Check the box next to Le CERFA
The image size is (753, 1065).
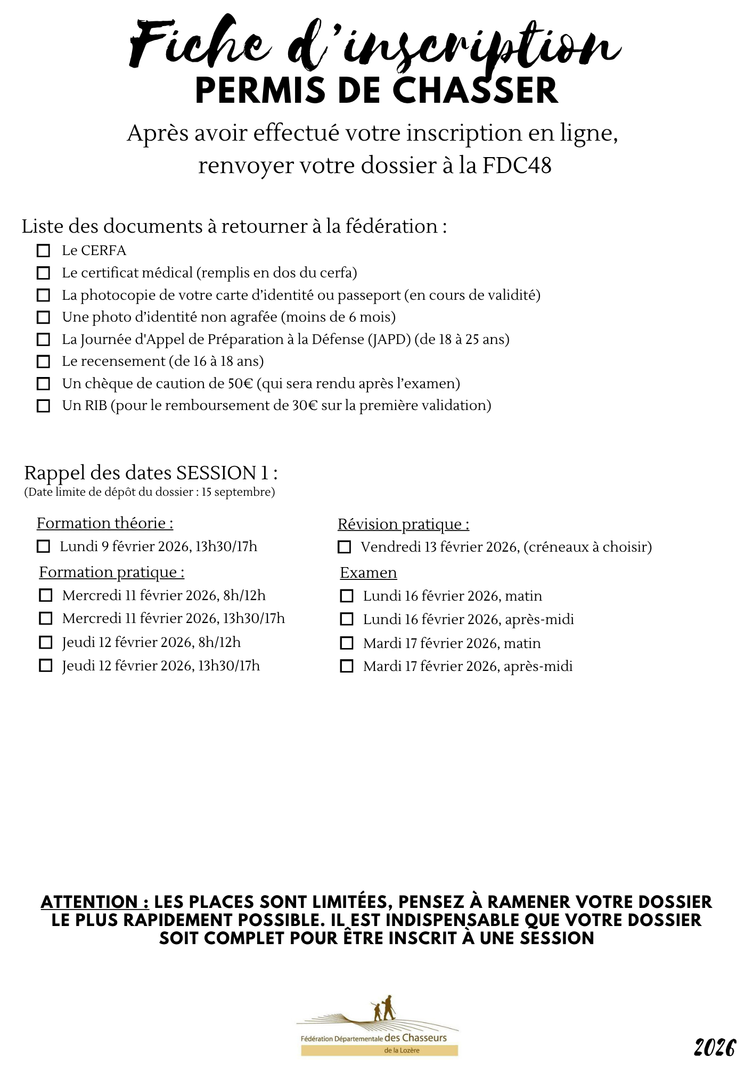click(x=43, y=251)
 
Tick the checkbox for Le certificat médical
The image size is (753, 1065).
click(x=43, y=273)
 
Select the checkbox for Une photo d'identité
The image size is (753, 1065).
click(x=43, y=317)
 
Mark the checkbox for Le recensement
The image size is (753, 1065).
click(x=43, y=362)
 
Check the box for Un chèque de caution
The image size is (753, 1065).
click(x=43, y=384)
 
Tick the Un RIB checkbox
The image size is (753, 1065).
click(x=43, y=406)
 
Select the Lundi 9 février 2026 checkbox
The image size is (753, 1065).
click(x=43, y=546)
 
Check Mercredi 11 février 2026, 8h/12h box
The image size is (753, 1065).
click(x=46, y=595)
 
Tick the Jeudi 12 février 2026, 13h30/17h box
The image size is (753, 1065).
click(x=46, y=666)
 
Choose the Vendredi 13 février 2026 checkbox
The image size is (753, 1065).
click(x=345, y=547)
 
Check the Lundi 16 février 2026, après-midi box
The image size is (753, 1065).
click(x=347, y=619)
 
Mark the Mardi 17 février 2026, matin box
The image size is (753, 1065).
click(x=347, y=643)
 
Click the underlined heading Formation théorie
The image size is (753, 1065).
click(x=105, y=523)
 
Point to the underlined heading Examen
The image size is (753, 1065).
click(x=369, y=573)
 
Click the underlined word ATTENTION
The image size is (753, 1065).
click(x=95, y=902)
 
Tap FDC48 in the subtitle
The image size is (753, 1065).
click(x=517, y=166)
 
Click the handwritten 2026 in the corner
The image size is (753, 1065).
click(x=715, y=1048)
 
